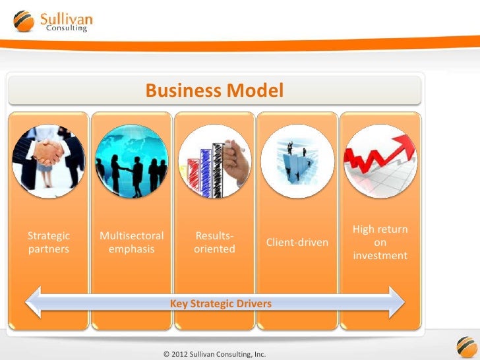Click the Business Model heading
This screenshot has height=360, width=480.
tap(214, 90)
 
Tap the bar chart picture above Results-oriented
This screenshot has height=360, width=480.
tap(214, 161)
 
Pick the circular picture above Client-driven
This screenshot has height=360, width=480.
tap(297, 161)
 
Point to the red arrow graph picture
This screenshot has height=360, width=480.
tap(380, 161)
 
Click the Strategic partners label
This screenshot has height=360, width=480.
tap(48, 242)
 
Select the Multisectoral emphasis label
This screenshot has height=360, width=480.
tap(132, 242)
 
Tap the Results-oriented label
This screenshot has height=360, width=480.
tap(214, 242)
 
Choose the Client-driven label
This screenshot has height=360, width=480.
tap(297, 243)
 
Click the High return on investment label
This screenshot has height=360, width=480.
tap(380, 242)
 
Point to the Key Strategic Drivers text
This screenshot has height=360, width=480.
tap(221, 304)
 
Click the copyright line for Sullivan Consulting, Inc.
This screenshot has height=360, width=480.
tap(214, 354)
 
